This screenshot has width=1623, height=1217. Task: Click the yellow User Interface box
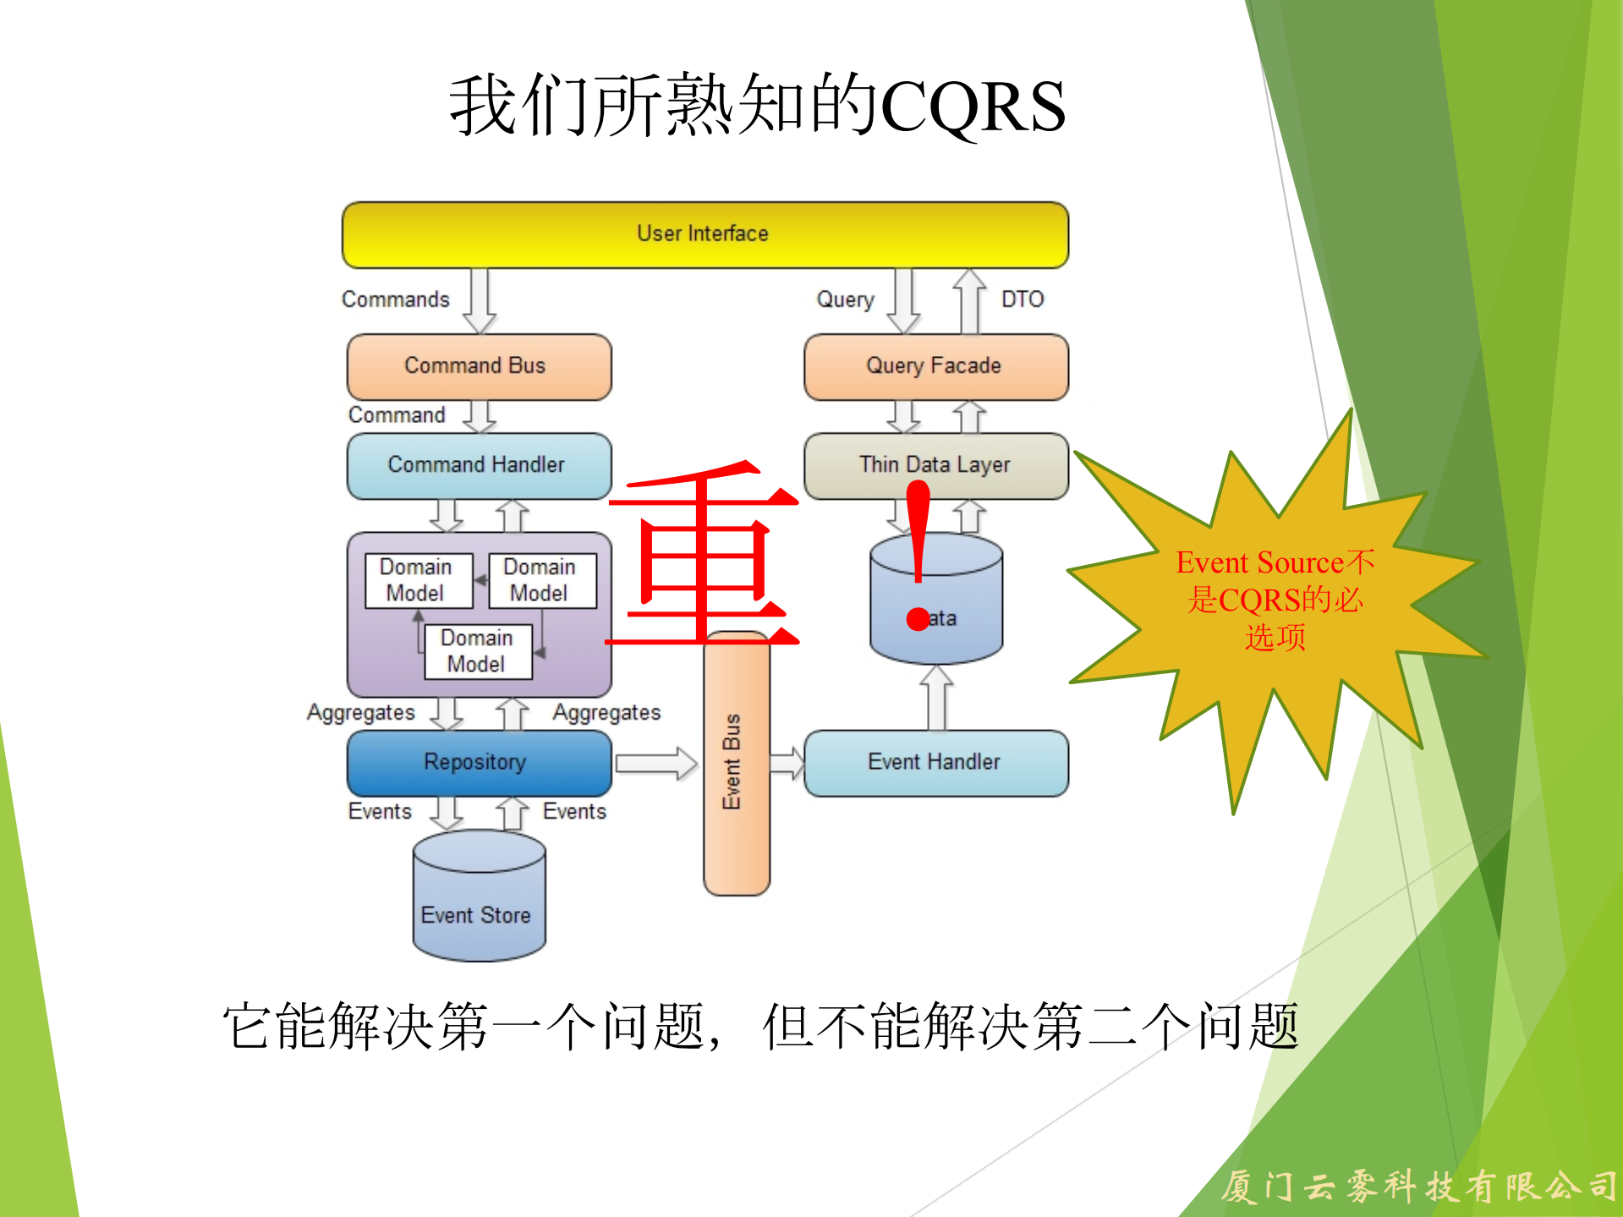705,234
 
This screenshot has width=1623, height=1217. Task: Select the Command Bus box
479,366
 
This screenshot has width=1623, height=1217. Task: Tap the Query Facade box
935,366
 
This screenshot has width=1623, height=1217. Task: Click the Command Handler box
479,465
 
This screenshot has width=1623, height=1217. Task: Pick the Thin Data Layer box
935,465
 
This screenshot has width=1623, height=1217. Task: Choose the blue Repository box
479,762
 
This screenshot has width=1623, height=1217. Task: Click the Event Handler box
935,762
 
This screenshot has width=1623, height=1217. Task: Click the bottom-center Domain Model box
478,651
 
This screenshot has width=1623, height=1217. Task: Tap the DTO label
1023,299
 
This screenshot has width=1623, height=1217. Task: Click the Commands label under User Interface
396,299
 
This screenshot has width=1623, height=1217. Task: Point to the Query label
845,299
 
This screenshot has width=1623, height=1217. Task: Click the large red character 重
702,554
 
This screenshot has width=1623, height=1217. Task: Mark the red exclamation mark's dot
918,619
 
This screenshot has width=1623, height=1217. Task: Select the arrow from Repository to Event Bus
656,763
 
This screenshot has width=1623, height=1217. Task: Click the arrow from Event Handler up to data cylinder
936,697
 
